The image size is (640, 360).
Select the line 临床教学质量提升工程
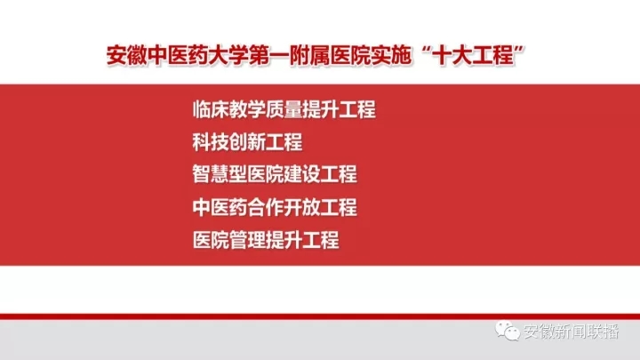[x=284, y=109]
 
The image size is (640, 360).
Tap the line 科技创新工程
[x=247, y=142]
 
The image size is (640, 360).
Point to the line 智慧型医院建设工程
[x=275, y=174]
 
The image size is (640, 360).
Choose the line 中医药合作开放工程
[x=275, y=207]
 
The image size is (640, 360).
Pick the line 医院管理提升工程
[x=266, y=240]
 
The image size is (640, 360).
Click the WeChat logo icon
[x=507, y=331]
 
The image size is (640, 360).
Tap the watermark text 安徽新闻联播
[x=572, y=332]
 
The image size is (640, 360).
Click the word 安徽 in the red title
[x=126, y=55]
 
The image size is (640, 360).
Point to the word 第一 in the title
[x=269, y=55]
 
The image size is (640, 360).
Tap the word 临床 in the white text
[x=211, y=109]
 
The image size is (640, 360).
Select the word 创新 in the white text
[x=247, y=142]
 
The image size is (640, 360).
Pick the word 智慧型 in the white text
[x=220, y=174]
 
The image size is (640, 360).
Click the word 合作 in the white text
[x=266, y=207]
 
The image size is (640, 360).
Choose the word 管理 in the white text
[x=247, y=240]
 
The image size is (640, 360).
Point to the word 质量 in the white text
[x=284, y=109]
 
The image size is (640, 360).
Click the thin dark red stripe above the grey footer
[x=320, y=316]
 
